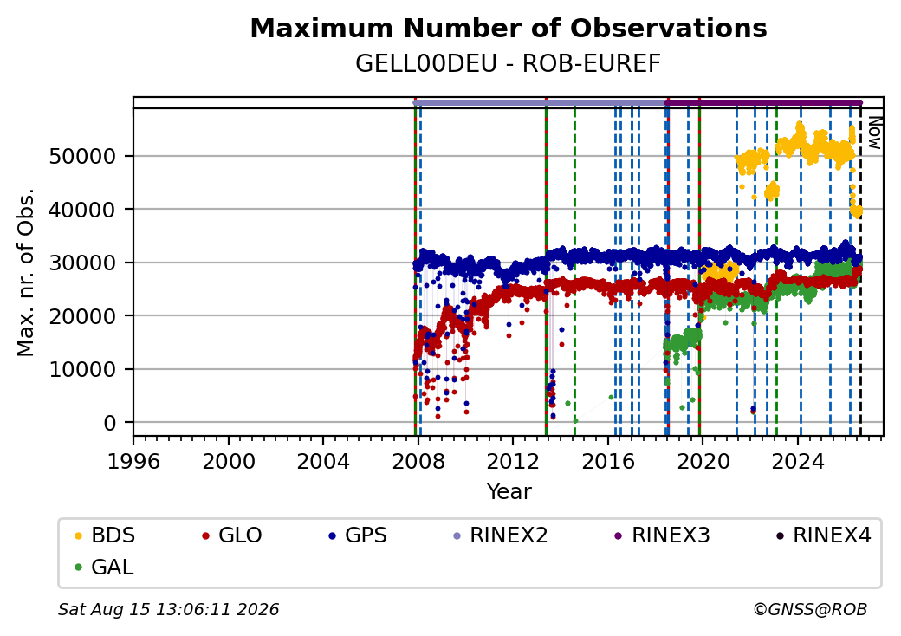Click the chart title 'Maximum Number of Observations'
coord(509,28)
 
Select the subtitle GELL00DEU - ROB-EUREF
coord(509,64)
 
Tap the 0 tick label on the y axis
coord(110,424)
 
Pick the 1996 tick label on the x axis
coord(133,461)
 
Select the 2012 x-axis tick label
coord(513,461)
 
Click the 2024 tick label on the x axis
coord(798,461)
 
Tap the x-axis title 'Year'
coord(509,492)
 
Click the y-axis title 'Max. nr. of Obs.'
coord(26,272)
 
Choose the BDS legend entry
coord(105,535)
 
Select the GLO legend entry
coord(232,535)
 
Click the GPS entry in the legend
coord(358,535)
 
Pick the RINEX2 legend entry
coord(501,535)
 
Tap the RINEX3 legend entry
coord(663,535)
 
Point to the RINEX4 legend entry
coord(823,535)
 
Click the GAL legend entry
coord(104,568)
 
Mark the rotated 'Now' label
coord(874,133)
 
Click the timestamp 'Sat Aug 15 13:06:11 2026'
coord(169,609)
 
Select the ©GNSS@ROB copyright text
coord(810,609)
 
